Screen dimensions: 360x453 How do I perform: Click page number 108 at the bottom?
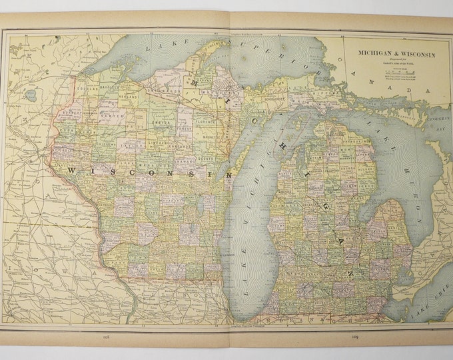(106, 337)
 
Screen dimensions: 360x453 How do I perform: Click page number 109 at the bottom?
(356, 337)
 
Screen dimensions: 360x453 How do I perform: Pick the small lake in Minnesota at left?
(31, 95)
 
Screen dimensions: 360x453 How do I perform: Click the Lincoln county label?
(159, 143)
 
